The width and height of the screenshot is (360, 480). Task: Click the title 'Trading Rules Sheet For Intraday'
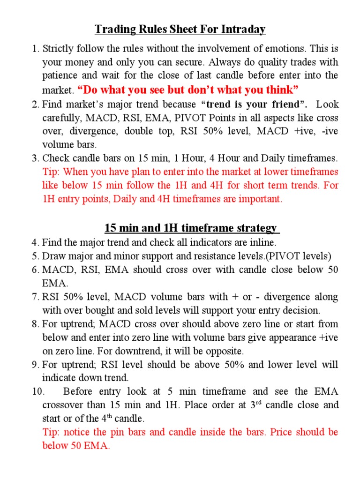coord(180,30)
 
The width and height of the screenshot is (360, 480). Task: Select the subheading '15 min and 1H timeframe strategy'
coord(191,228)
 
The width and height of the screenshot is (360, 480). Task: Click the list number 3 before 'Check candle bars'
coord(36,158)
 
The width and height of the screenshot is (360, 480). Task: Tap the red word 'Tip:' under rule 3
coord(51,172)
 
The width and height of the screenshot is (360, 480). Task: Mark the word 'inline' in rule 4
coord(264,242)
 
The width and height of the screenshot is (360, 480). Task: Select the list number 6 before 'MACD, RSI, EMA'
coord(36,270)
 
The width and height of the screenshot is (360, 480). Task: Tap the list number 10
coord(38,391)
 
